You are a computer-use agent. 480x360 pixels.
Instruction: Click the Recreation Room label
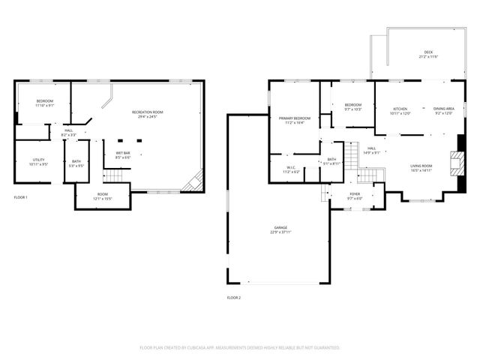point(147,112)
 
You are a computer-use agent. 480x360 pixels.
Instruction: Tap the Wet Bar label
point(123,154)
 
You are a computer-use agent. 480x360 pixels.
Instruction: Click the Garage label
point(280,227)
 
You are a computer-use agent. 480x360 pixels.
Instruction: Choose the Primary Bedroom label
point(295,118)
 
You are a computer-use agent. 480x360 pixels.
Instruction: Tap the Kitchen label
point(400,109)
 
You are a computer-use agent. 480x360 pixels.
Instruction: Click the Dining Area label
point(442,109)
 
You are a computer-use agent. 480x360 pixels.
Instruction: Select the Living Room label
point(421,166)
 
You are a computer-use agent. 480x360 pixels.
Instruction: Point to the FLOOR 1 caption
point(21,197)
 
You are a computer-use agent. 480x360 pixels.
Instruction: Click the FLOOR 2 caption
point(234,298)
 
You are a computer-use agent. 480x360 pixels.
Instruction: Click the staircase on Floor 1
point(112,175)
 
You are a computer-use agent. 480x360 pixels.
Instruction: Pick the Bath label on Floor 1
point(76,160)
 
